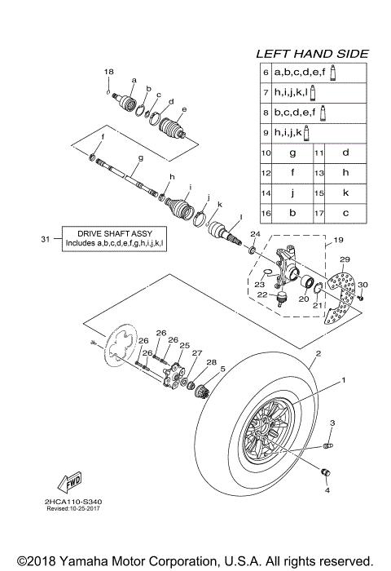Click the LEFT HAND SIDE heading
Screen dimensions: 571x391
[312, 53]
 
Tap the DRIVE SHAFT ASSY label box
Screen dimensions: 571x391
[114, 237]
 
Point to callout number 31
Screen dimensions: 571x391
[44, 238]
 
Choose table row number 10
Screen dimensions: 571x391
[266, 153]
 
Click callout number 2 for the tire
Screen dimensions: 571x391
[318, 354]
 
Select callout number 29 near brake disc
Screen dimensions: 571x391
[344, 259]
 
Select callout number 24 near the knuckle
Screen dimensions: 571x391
[254, 235]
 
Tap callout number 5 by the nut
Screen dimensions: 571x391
[222, 369]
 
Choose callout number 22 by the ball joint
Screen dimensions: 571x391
[261, 295]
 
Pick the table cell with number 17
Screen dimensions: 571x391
[319, 211]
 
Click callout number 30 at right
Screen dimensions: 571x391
[363, 285]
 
